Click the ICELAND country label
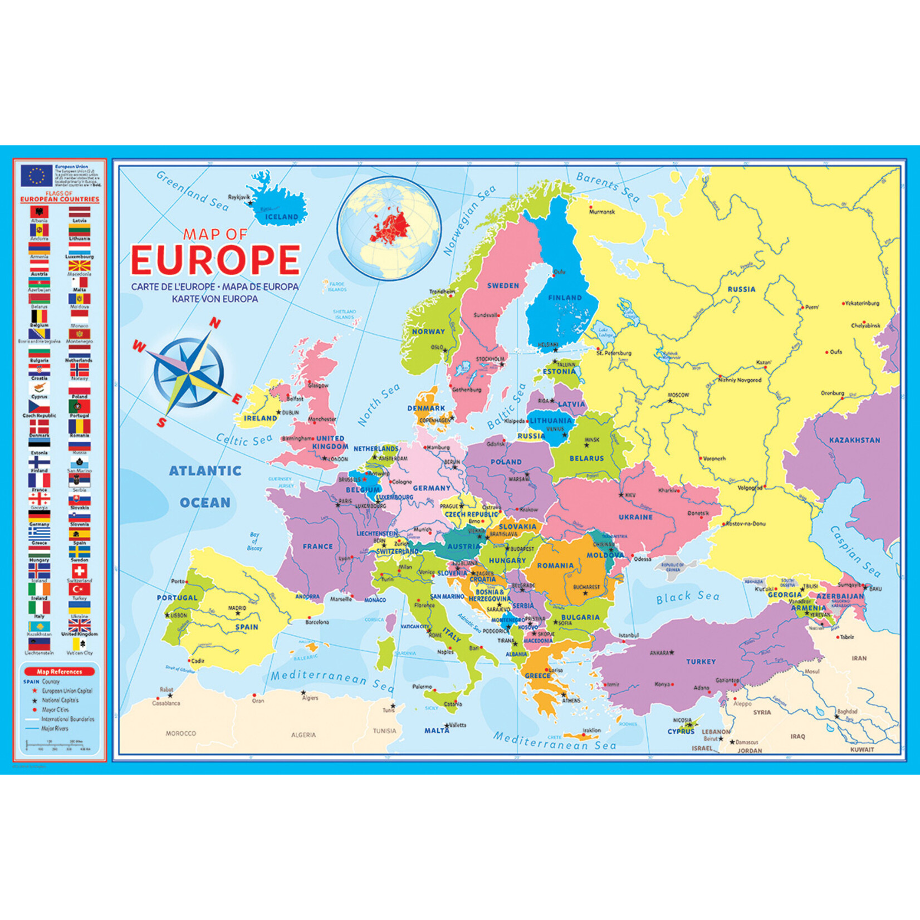coord(281,217)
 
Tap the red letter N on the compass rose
coord(214,323)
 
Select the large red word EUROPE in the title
coord(216,260)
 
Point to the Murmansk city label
coord(601,212)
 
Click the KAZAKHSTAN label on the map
coord(854,440)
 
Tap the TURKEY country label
coord(701,662)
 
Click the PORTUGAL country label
coord(177,598)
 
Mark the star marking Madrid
coord(238,613)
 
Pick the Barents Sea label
coord(608,186)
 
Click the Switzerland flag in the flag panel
coord(79,571)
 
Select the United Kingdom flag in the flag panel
coord(79,625)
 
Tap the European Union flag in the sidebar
coord(37,176)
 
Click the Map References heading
coord(59,672)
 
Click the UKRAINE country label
coord(635,517)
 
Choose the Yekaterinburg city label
coord(862,304)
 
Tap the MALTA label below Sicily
coord(437,731)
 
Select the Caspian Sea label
coord(855,551)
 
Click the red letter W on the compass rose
coord(138,347)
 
